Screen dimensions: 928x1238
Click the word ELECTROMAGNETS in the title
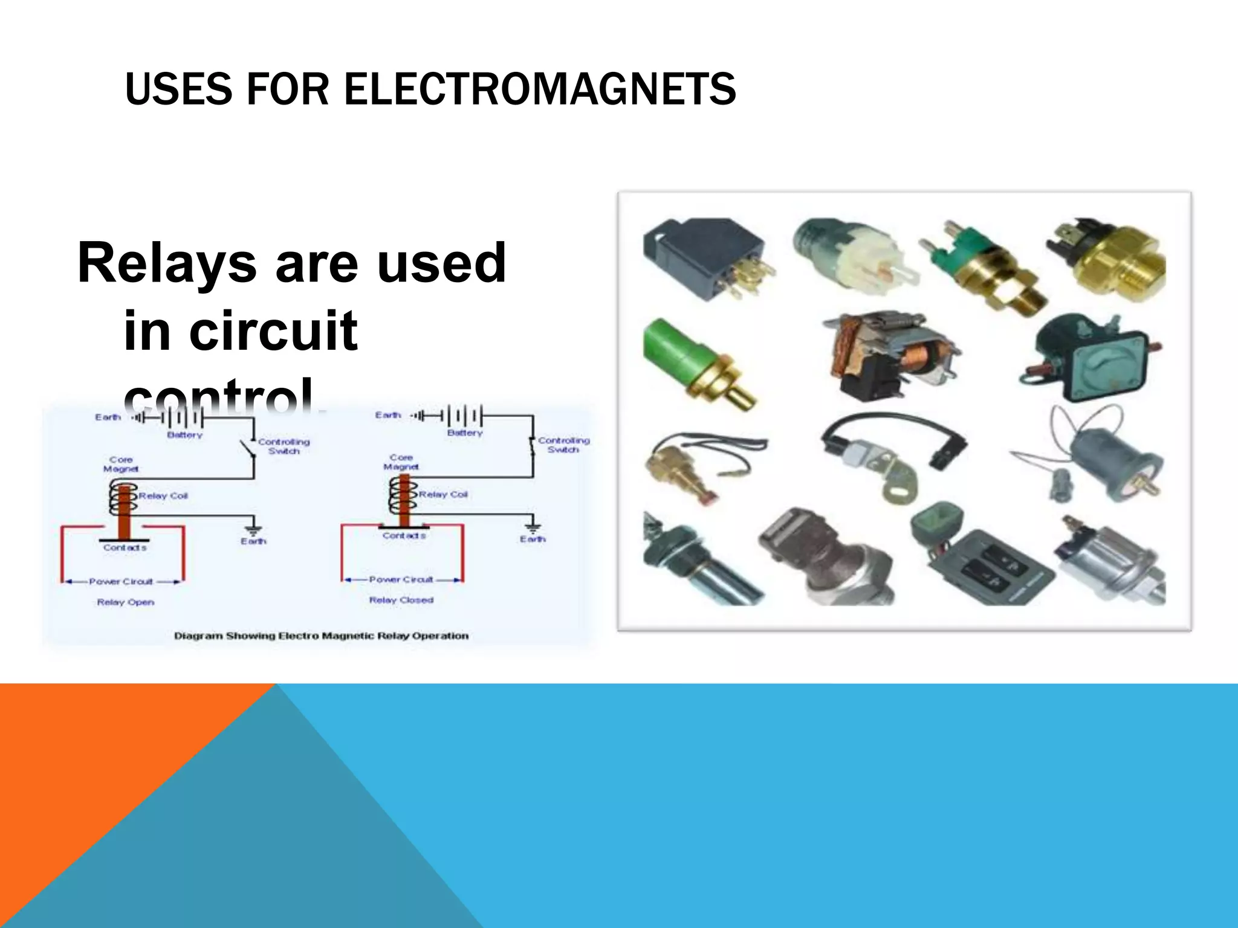(x=540, y=89)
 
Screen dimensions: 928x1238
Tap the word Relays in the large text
(x=167, y=263)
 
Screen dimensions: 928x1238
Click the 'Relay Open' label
(x=126, y=602)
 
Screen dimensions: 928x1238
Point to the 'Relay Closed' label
(x=401, y=601)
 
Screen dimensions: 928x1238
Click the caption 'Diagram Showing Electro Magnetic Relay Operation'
(x=321, y=636)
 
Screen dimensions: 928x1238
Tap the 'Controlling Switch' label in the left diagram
(x=284, y=446)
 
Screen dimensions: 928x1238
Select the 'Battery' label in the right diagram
(x=464, y=433)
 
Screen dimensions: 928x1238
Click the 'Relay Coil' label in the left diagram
(x=163, y=496)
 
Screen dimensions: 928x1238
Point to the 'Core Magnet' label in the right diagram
(x=401, y=462)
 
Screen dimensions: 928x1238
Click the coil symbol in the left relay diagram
(x=123, y=497)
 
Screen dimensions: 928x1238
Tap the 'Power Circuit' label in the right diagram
(x=401, y=579)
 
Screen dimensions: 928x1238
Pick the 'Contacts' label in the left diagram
(x=125, y=548)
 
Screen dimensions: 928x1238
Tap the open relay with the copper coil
(x=889, y=356)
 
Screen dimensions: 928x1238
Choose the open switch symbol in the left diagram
(x=248, y=450)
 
